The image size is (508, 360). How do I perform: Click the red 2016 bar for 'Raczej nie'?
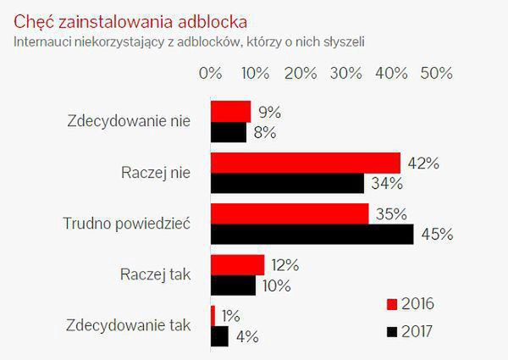point(305,163)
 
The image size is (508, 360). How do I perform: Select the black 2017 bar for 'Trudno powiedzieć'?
point(312,234)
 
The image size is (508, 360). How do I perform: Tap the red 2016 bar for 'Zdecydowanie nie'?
point(230,112)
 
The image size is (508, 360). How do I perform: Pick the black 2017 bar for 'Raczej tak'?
point(233,285)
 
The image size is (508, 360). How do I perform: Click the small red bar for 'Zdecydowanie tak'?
point(213,315)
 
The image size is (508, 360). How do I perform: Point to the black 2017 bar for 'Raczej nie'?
point(287,183)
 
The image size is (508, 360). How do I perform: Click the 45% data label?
point(437,235)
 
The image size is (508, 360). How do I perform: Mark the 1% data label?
point(231,316)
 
